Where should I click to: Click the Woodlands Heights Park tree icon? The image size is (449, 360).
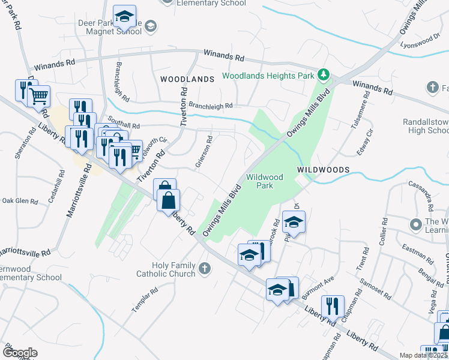(x=324, y=75)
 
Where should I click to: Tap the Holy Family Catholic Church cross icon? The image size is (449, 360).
(x=205, y=268)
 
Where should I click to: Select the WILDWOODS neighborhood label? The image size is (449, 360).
(x=323, y=170)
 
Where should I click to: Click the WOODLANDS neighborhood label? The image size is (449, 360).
(x=187, y=79)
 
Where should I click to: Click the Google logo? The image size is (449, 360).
(x=19, y=353)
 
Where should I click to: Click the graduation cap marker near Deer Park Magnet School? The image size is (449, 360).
(x=124, y=16)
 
